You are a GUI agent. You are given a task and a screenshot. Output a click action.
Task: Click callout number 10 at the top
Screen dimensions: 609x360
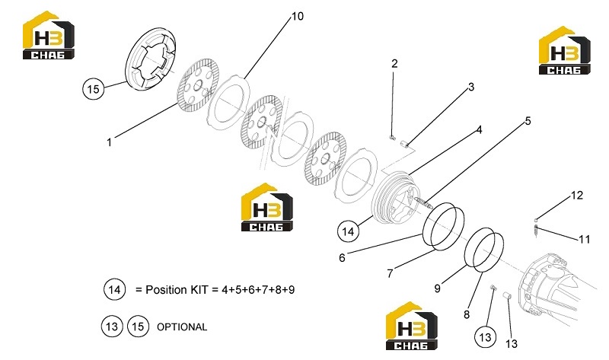point(298,16)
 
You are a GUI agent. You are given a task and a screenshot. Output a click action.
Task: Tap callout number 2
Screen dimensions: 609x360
point(394,64)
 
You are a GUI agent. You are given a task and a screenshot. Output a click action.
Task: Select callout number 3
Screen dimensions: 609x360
point(471,87)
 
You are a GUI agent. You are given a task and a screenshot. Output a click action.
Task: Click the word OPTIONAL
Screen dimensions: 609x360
point(182,327)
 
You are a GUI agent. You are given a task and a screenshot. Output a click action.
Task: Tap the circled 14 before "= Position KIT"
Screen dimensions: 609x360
point(115,290)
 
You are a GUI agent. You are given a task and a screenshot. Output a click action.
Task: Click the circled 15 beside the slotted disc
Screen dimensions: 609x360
point(93,89)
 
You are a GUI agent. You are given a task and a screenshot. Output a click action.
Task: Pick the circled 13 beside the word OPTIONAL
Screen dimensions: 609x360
point(112,327)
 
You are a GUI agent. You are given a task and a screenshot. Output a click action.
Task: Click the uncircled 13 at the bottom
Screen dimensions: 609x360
point(512,344)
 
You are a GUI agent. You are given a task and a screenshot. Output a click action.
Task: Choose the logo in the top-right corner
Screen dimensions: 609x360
point(564,51)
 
